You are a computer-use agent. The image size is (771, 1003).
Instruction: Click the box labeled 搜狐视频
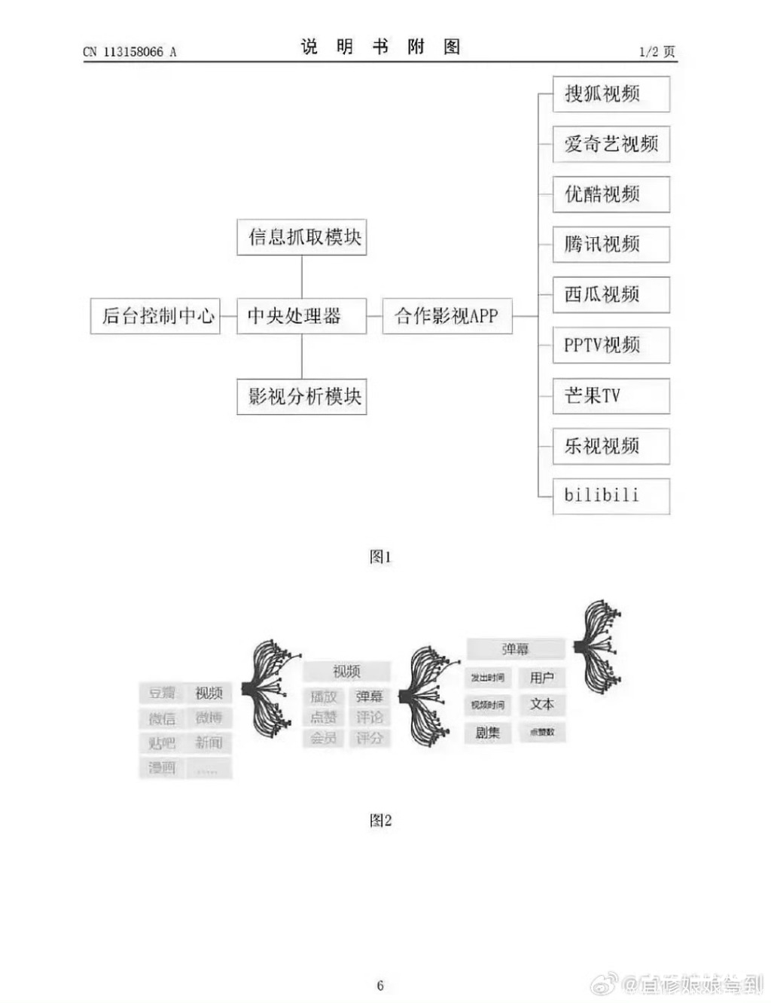pos(611,94)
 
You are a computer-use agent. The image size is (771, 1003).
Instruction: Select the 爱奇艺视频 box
pos(611,144)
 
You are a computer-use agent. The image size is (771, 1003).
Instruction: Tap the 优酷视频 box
pos(611,194)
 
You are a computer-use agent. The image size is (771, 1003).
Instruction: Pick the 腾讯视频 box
pos(611,244)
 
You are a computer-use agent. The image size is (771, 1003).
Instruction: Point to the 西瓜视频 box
pos(611,294)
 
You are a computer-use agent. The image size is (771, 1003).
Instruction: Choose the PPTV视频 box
pos(611,345)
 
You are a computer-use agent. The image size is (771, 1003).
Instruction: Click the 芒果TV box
pos(611,395)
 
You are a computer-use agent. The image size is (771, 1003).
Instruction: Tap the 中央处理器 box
pos(301,316)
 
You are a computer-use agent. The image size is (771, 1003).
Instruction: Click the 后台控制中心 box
pos(156,316)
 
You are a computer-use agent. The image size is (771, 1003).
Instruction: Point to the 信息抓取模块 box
pos(301,237)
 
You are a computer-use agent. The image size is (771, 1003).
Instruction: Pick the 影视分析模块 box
pos(301,396)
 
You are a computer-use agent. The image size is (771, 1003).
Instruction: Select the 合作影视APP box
pos(447,316)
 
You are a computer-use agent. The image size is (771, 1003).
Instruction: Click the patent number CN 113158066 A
pos(130,52)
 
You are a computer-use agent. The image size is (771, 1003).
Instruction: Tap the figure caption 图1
pos(380,556)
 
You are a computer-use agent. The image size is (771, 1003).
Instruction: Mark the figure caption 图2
pos(380,820)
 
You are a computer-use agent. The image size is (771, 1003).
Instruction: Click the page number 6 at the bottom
pos(380,985)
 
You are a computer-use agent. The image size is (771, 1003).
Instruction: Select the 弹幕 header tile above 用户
pos(515,649)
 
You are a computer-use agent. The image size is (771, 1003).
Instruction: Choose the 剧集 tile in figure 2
pos(487,732)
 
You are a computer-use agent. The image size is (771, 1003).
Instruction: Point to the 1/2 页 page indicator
pos(657,51)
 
